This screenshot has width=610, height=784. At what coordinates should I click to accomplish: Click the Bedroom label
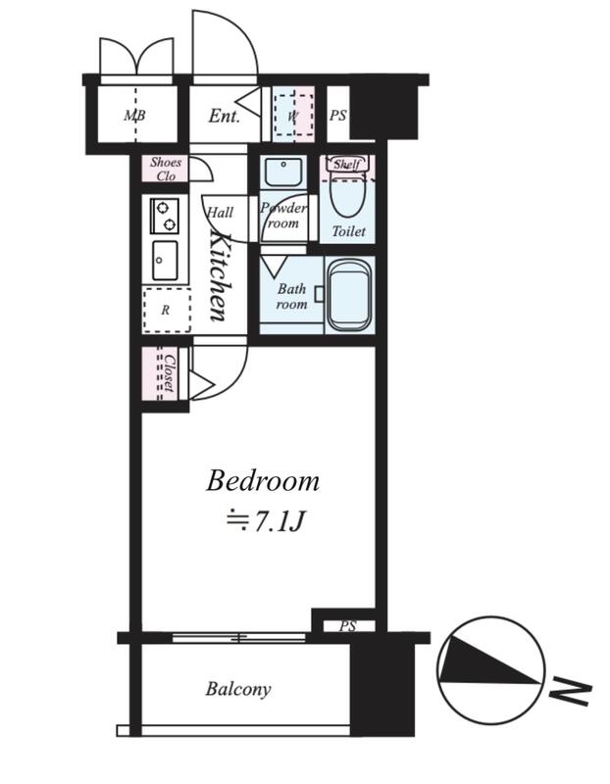(x=263, y=481)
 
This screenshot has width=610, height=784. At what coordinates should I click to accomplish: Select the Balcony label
(x=238, y=690)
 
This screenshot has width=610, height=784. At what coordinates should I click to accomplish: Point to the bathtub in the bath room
(x=350, y=295)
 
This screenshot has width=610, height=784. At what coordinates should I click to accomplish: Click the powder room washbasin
(x=282, y=171)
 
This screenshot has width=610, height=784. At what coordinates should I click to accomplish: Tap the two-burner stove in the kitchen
(x=165, y=216)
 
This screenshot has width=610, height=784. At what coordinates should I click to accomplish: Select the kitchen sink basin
(x=165, y=260)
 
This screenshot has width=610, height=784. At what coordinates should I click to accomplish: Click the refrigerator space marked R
(x=167, y=311)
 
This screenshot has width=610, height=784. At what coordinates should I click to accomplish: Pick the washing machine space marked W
(x=294, y=116)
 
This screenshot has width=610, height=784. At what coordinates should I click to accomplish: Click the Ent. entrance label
(x=224, y=116)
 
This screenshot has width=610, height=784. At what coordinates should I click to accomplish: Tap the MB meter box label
(x=134, y=116)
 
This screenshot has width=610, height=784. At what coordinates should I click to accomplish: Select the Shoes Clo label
(x=166, y=169)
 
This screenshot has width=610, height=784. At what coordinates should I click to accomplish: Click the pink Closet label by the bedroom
(x=169, y=373)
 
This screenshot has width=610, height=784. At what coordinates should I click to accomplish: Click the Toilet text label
(x=349, y=231)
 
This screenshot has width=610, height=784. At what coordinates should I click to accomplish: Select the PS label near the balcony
(x=348, y=626)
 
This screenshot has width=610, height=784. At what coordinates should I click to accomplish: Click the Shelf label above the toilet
(x=347, y=164)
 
